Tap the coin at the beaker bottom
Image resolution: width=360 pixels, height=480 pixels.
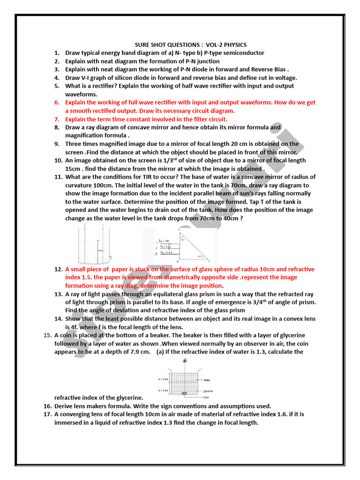184,393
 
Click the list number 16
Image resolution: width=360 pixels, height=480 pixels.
47,406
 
